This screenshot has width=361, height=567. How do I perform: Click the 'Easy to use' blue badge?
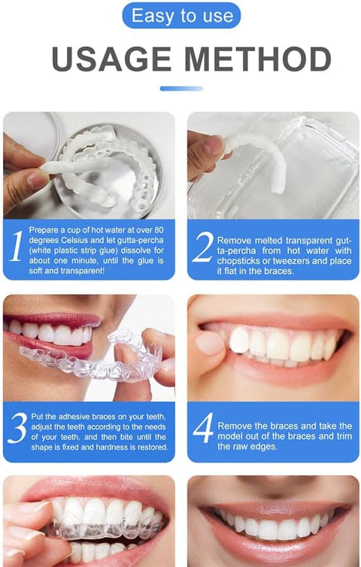[181, 15]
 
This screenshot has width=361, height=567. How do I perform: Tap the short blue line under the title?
[181, 88]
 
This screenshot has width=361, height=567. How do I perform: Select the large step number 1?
[15, 249]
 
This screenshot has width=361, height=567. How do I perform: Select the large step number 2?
[202, 249]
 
